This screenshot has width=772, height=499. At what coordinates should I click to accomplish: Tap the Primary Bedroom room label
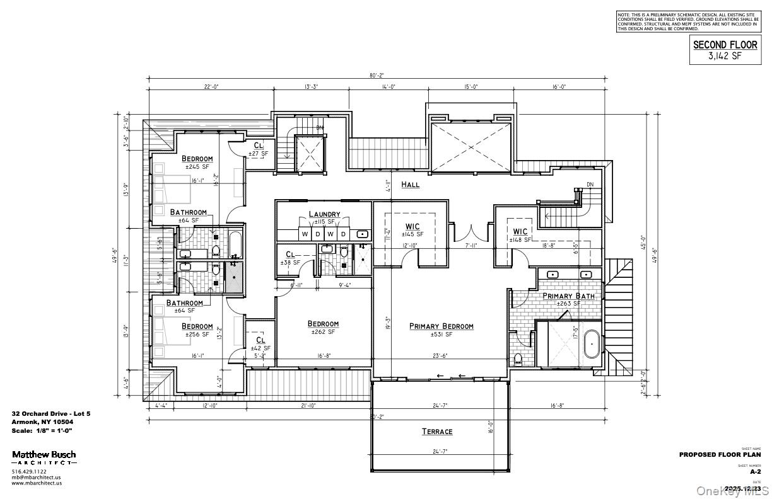click(441, 326)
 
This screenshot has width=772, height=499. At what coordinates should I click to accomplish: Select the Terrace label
click(437, 432)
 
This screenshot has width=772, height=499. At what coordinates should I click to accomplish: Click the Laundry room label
click(324, 214)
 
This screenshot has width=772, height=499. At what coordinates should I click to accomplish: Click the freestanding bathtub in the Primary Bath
click(592, 345)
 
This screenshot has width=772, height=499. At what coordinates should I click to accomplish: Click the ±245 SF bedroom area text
click(197, 167)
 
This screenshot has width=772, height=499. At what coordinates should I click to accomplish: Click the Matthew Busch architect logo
click(44, 457)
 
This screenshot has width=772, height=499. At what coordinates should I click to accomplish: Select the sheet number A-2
click(755, 471)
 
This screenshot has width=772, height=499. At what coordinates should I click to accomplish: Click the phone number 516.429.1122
click(30, 472)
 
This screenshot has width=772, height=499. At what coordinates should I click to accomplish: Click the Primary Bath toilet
click(518, 359)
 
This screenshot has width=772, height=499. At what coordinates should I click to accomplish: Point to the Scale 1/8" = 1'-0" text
click(42, 430)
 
